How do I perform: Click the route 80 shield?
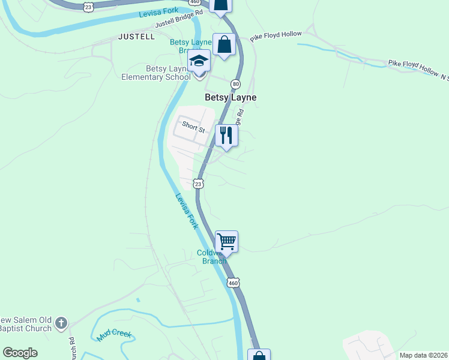click(235, 83)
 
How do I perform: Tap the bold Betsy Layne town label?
click(231, 97)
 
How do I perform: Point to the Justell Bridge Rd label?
click(179, 23)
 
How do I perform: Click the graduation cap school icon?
click(199, 61)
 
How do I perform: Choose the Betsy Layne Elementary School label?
click(155, 73)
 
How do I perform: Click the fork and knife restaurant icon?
click(226, 135)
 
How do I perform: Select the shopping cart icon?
click(226, 242)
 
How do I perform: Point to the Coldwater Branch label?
click(212, 257)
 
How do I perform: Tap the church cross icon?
click(61, 324)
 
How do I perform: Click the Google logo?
click(20, 353)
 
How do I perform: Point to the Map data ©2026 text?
click(423, 355)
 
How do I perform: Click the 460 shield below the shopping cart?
click(234, 282)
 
